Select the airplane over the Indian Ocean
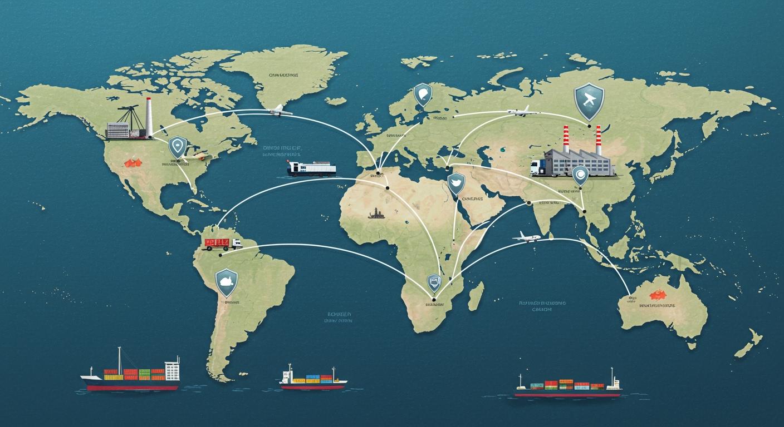coord(526,237)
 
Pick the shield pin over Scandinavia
coord(423,95)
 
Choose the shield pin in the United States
coord(178,147)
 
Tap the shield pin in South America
coord(227,281)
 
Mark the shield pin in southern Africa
coord(434,283)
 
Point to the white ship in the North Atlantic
coord(312,168)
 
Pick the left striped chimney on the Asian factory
coord(566,139)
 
